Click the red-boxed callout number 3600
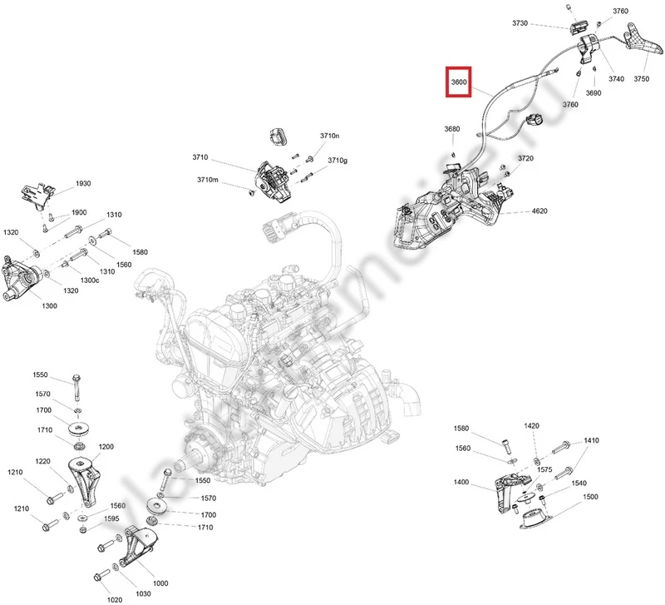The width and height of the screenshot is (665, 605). coord(459,82)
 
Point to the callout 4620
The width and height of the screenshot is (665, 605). coord(539,211)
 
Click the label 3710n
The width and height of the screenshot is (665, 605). coord(330,136)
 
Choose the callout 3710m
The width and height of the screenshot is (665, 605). coord(207,180)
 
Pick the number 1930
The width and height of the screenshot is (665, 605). coord(83,183)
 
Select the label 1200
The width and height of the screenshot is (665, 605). coord(106,447)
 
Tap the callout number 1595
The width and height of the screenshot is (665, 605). coord(110,518)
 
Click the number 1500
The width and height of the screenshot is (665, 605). coord(590,497)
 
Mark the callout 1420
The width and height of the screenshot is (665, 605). coord(532,425)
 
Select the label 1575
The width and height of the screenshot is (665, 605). coord(544,469)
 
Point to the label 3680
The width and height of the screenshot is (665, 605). coord(451,129)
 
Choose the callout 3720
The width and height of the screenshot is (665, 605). coord(525,158)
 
